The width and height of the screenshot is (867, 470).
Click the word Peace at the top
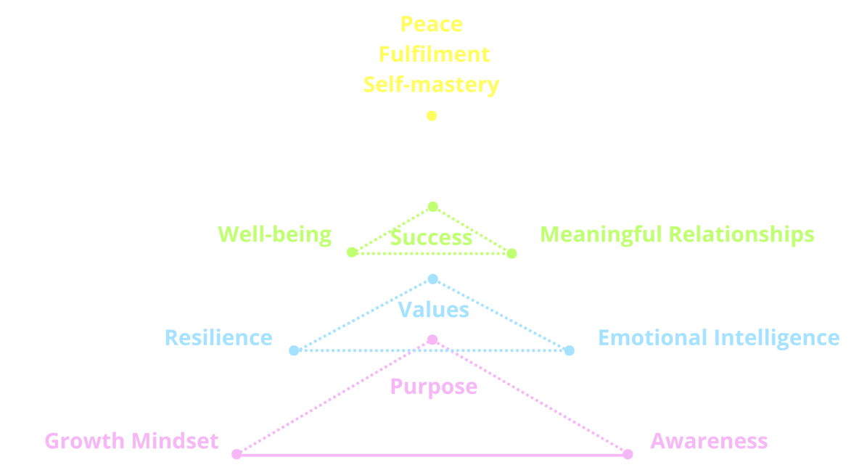coord(431,24)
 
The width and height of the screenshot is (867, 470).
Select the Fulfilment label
coord(434,54)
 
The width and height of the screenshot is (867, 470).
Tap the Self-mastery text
coord(431,85)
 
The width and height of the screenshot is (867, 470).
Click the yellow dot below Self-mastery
coord(432,115)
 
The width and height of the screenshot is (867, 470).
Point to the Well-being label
coord(275,234)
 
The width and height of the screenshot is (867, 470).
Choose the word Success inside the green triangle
coord(431,238)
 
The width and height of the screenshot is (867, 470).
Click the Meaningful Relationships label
coord(677,234)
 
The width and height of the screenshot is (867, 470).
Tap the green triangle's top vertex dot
coord(433,207)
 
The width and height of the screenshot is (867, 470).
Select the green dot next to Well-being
coord(352,252)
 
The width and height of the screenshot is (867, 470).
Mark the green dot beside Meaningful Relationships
coord(512,253)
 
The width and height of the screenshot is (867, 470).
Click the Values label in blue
coord(434,310)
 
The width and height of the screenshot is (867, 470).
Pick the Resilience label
coord(218,338)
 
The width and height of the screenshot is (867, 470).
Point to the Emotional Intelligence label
coord(719,338)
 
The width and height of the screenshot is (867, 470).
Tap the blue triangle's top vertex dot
coord(433,279)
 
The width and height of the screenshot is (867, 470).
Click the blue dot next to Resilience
coord(294,350)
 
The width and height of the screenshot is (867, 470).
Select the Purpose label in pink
coord(434,387)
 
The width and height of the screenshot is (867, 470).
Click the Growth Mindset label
coord(131,441)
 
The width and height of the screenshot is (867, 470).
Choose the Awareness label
coord(709,441)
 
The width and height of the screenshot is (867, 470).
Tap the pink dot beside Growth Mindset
coord(237,454)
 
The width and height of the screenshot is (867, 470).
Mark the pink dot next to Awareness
coord(628,454)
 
